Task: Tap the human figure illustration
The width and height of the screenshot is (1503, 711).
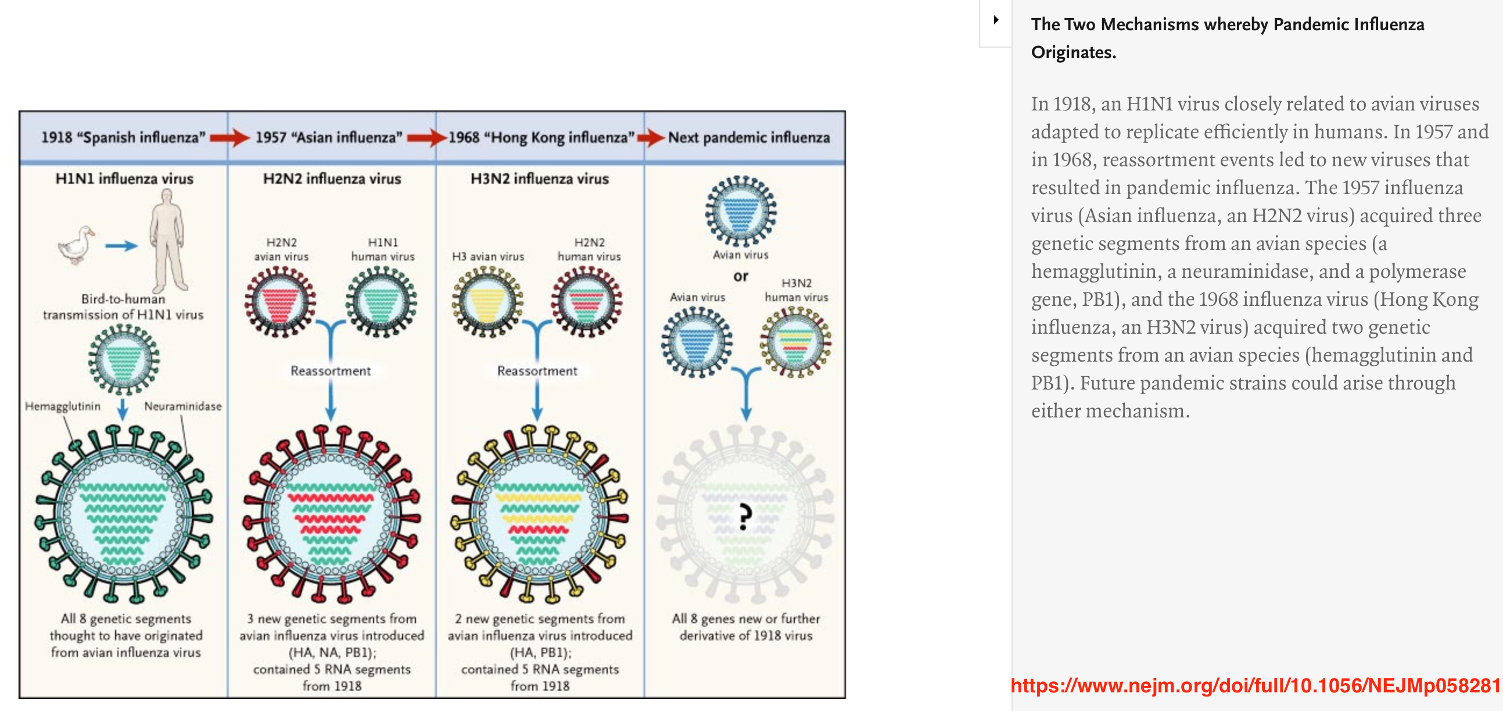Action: pyautogui.click(x=168, y=242)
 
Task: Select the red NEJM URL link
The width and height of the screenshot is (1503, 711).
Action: pyautogui.click(x=1256, y=685)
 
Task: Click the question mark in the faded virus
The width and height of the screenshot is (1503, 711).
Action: pyautogui.click(x=744, y=517)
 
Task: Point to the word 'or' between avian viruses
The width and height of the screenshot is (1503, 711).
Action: pyautogui.click(x=740, y=276)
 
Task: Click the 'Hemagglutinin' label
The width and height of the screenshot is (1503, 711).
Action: pyautogui.click(x=62, y=406)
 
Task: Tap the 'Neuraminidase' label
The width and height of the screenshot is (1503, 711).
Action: pyautogui.click(x=182, y=406)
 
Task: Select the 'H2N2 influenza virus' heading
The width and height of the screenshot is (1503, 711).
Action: pyautogui.click(x=331, y=178)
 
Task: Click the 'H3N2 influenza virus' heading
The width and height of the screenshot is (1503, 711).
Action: pyautogui.click(x=539, y=178)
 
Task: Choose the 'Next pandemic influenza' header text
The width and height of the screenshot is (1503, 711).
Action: pyautogui.click(x=748, y=138)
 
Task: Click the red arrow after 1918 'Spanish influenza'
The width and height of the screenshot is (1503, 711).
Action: pyautogui.click(x=229, y=138)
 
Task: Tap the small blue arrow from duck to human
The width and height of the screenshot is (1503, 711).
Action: pyautogui.click(x=121, y=246)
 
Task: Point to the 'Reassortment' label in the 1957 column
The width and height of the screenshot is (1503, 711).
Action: pyautogui.click(x=330, y=371)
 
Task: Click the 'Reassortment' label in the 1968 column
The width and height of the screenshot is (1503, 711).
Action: pyautogui.click(x=537, y=371)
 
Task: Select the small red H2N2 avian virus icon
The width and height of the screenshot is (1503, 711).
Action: pyautogui.click(x=281, y=302)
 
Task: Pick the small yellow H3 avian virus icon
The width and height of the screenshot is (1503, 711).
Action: pyautogui.click(x=487, y=302)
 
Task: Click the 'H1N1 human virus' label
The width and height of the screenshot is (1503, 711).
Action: pyautogui.click(x=383, y=249)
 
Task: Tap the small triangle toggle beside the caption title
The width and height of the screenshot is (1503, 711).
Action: pyautogui.click(x=996, y=20)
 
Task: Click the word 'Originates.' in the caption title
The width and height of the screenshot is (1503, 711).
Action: pyautogui.click(x=1073, y=52)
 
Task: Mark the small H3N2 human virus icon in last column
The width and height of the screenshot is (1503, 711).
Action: pyautogui.click(x=795, y=342)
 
